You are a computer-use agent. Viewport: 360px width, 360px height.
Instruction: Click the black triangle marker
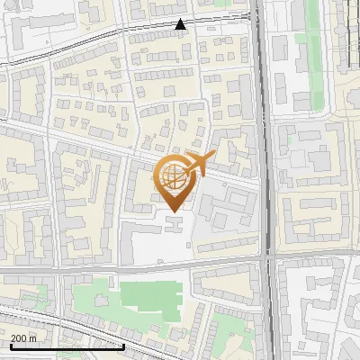[x=181, y=24]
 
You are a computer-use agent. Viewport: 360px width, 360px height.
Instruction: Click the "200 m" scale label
[x=24, y=337]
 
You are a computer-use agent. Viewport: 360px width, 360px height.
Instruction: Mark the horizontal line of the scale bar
[x=67, y=346]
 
